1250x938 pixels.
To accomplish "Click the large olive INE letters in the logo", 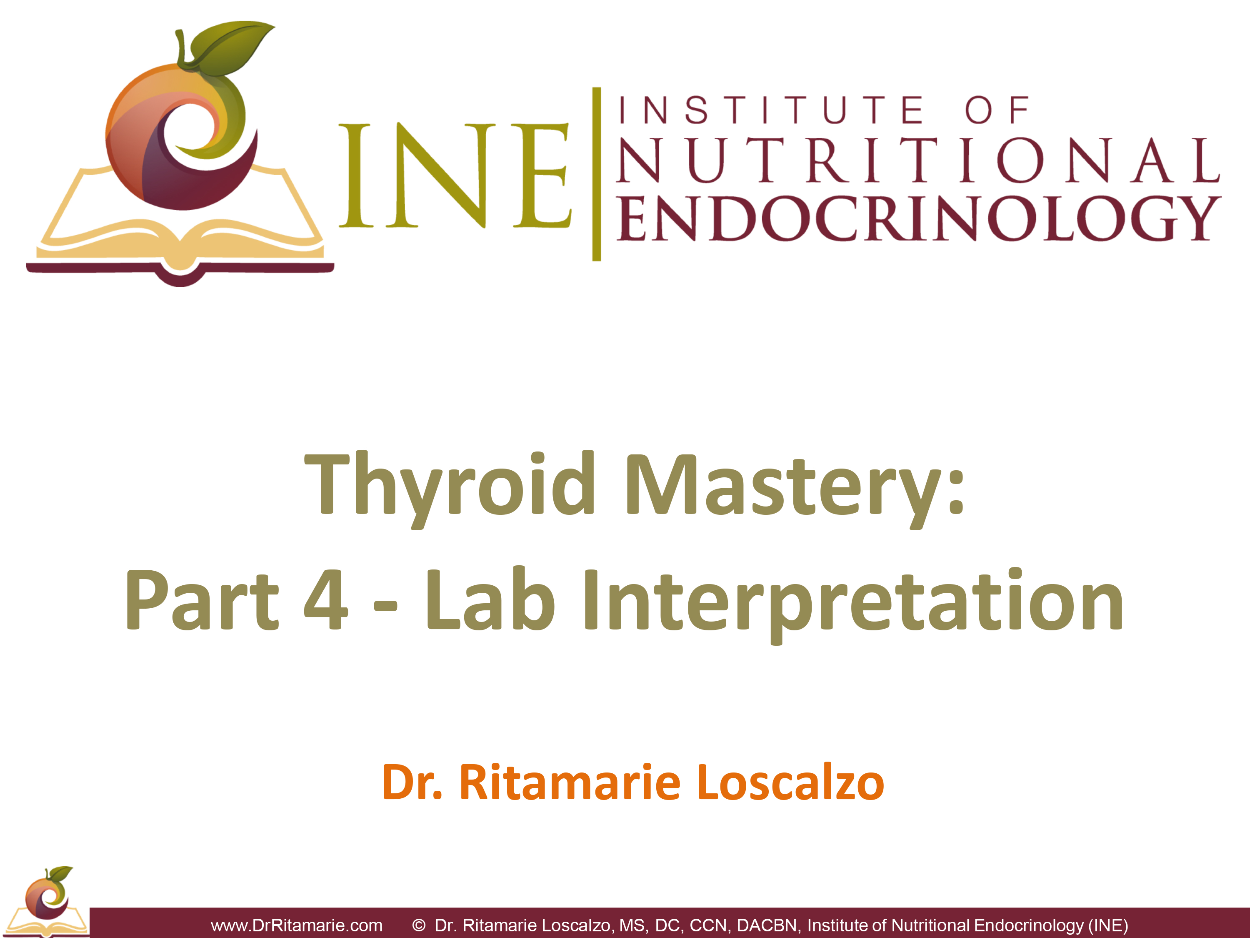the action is pyautogui.click(x=455, y=175).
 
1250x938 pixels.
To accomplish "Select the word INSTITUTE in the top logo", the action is pyautogui.click(x=771, y=110).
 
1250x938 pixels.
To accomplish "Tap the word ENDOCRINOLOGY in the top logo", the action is pyautogui.click(x=919, y=218).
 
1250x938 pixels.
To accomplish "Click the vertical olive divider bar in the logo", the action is pyautogui.click(x=596, y=174).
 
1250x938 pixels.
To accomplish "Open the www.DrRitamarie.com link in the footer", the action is pyautogui.click(x=297, y=925).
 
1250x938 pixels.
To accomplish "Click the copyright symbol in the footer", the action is pyautogui.click(x=419, y=925).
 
